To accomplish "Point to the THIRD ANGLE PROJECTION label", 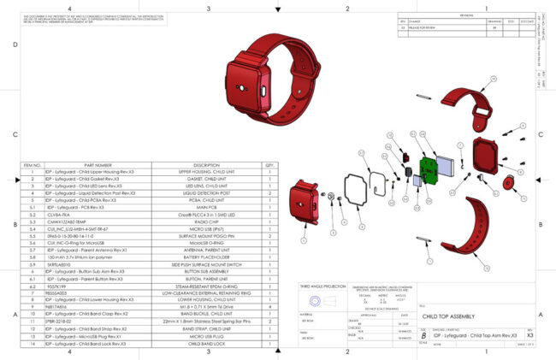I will (x=322, y=286).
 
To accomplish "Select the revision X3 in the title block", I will (x=530, y=338).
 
